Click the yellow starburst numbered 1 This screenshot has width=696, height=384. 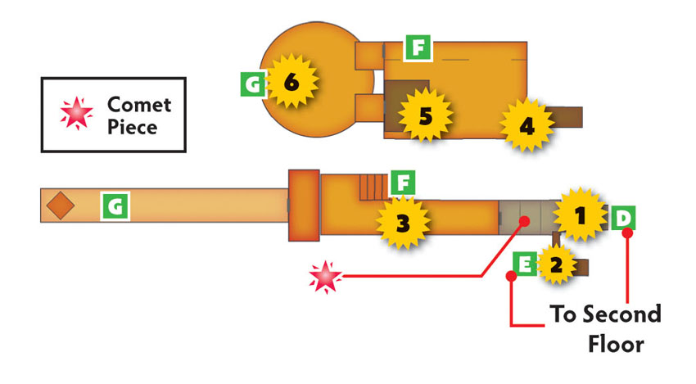tap(580, 216)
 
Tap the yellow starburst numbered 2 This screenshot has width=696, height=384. tap(556, 264)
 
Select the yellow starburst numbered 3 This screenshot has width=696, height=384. tap(403, 223)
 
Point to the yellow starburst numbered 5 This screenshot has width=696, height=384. tap(425, 115)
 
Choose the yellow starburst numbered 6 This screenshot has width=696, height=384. tap(292, 81)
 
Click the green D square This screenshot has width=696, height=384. tap(623, 218)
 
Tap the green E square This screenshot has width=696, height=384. tap(525, 264)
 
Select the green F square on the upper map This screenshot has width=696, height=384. tap(418, 47)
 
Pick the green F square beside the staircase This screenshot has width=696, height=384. tap(403, 183)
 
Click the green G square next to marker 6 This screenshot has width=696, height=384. tap(253, 84)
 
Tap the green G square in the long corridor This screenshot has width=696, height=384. tap(115, 206)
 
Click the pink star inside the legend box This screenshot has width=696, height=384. tap(77, 113)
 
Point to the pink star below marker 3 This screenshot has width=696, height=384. tap(325, 277)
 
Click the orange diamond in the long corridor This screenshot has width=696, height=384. tap(61, 205)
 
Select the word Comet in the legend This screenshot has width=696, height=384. tap(139, 105)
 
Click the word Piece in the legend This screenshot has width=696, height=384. tap(133, 127)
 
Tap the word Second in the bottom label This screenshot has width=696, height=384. tap(621, 314)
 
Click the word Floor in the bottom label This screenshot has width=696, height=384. tap(616, 344)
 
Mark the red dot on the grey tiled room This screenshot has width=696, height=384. tap(524, 220)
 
